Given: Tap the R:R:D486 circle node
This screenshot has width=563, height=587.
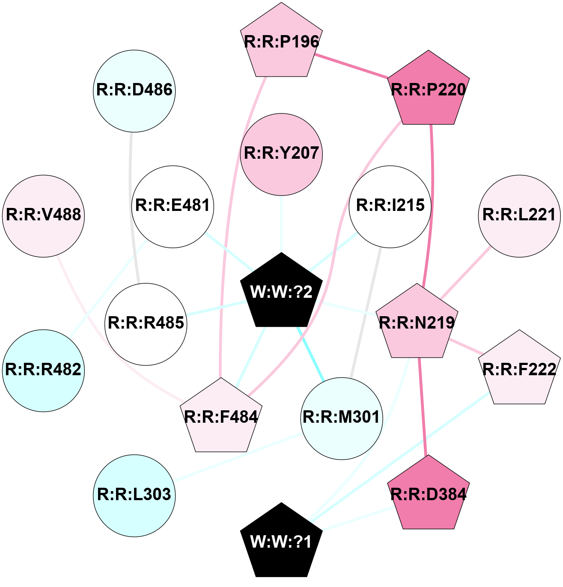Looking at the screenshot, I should [134, 90].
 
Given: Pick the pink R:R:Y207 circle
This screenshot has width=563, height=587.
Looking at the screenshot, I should [281, 154].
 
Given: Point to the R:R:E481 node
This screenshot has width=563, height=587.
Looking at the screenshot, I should [173, 206].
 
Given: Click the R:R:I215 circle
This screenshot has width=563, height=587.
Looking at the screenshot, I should [390, 206].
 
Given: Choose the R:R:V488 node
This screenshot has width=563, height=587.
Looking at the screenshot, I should [44, 216].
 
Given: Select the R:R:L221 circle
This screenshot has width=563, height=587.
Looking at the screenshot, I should [519, 216].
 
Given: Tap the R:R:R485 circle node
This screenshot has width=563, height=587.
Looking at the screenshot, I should [146, 323].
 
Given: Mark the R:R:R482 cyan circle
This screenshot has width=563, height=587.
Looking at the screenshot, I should [44, 370].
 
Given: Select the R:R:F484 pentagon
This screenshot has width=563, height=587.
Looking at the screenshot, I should [221, 417].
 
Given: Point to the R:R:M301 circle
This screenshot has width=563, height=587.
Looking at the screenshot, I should [341, 418].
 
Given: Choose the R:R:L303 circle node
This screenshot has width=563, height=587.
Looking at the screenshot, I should [134, 495].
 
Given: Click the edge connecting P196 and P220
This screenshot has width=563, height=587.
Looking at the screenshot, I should [352, 66].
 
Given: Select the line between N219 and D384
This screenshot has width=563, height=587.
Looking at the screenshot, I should [423, 406].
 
